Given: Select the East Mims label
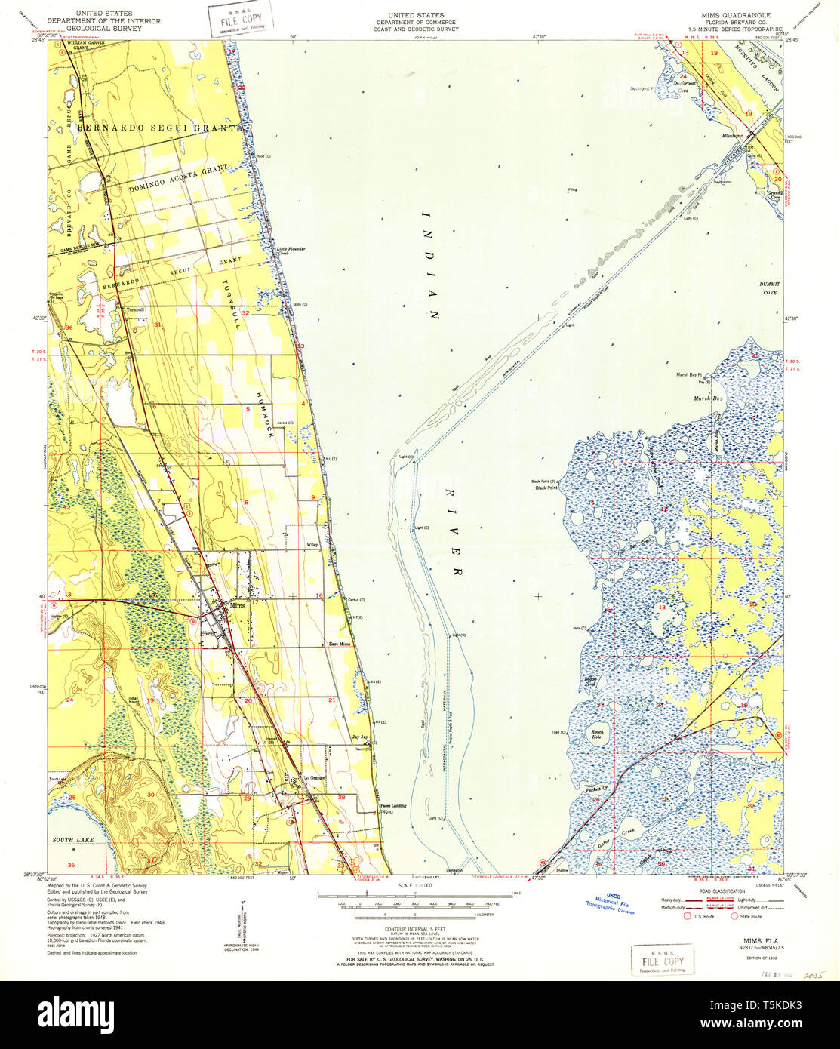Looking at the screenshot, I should pyautogui.click(x=340, y=644).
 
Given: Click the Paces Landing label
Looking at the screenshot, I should pyautogui.click(x=392, y=805).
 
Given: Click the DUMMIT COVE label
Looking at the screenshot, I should pyautogui.click(x=769, y=288).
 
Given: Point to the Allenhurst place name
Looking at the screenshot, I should pyautogui.click(x=732, y=136).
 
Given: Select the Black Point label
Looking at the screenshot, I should pyautogui.click(x=546, y=488).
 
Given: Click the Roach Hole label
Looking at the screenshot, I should pyautogui.click(x=598, y=734).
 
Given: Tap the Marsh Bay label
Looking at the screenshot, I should pyautogui.click(x=708, y=398).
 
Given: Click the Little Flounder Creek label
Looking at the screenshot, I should pyautogui.click(x=291, y=251).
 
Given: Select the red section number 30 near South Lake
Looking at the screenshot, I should pyautogui.click(x=150, y=795).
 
